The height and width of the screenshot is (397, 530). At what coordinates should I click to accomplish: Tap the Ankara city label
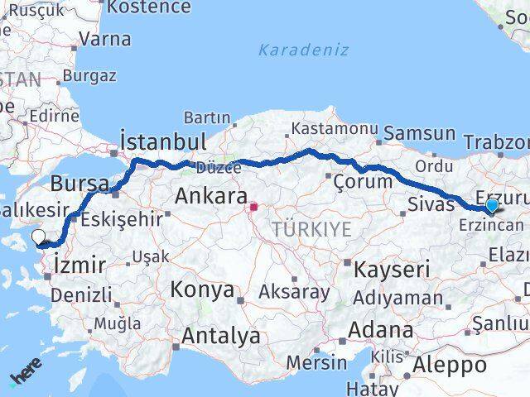210,197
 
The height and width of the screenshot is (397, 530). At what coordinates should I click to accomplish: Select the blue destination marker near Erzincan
492,205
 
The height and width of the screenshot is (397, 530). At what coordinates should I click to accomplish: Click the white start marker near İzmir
39,238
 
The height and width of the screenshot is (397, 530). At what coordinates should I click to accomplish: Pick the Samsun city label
420,133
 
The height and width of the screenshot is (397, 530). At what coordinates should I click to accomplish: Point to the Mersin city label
317,362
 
